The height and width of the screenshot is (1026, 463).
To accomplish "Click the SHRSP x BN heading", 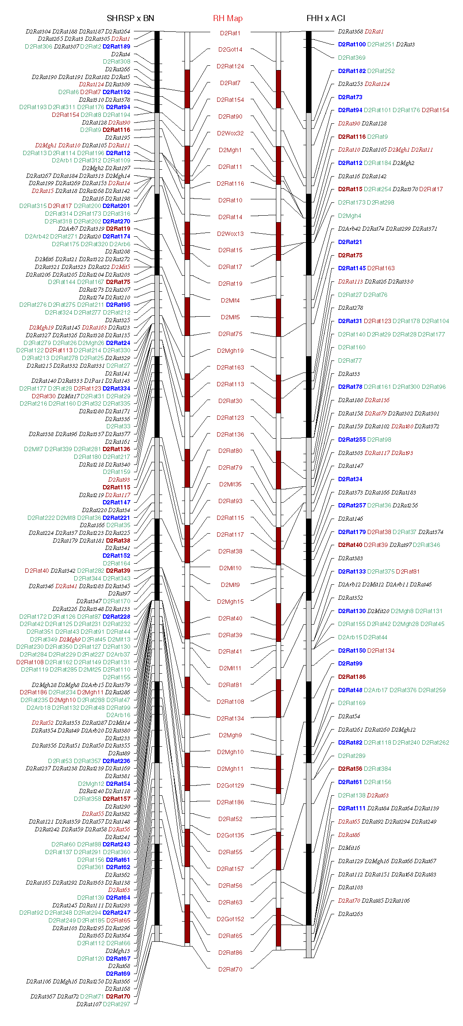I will coord(130,18).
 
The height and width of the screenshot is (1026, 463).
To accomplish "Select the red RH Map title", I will coord(228,18).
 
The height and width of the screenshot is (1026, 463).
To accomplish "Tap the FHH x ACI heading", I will coord(326,18).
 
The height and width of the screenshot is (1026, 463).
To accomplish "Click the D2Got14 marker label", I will coord(230,49).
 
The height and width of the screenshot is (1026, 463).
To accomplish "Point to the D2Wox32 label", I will coord(230,133).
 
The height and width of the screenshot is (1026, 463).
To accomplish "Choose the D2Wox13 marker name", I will coord(230,234).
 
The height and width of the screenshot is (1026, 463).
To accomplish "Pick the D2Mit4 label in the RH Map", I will coord(230,300).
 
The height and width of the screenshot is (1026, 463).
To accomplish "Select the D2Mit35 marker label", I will coord(230,484).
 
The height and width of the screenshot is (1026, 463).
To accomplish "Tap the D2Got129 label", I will coord(230,785).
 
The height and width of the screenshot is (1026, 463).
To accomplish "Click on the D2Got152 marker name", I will coord(230,919).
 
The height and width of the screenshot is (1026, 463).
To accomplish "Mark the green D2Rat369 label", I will coord(352,58).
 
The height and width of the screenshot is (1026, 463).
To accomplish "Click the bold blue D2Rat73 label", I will coord(350,97).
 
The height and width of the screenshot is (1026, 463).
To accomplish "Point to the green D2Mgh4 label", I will coord(350,216).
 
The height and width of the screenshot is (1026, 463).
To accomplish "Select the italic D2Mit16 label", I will coord(349,848).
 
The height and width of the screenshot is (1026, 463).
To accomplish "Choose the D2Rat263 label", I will coord(351,914).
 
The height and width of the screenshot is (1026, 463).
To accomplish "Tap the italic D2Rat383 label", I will coord(351,558).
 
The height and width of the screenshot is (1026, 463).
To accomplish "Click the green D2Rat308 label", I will coord(116,61).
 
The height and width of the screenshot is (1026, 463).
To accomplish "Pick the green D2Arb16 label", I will coord(118,715).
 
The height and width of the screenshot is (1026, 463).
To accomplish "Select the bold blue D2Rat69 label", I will coord(118,974).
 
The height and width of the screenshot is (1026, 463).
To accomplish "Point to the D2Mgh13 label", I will coord(118,951).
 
